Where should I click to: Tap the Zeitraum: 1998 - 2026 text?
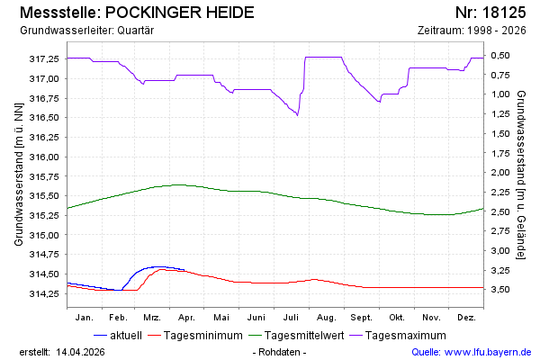coord(472,30)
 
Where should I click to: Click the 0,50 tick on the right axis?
coord(500,56)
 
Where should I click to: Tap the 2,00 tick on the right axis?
coord(500,172)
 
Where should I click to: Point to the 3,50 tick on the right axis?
coord(500,289)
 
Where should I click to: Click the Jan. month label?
coord(85,317)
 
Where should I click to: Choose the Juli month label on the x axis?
coord(292,317)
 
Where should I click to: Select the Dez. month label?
coord(466,317)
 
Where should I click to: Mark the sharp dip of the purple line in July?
coord(297,114)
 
